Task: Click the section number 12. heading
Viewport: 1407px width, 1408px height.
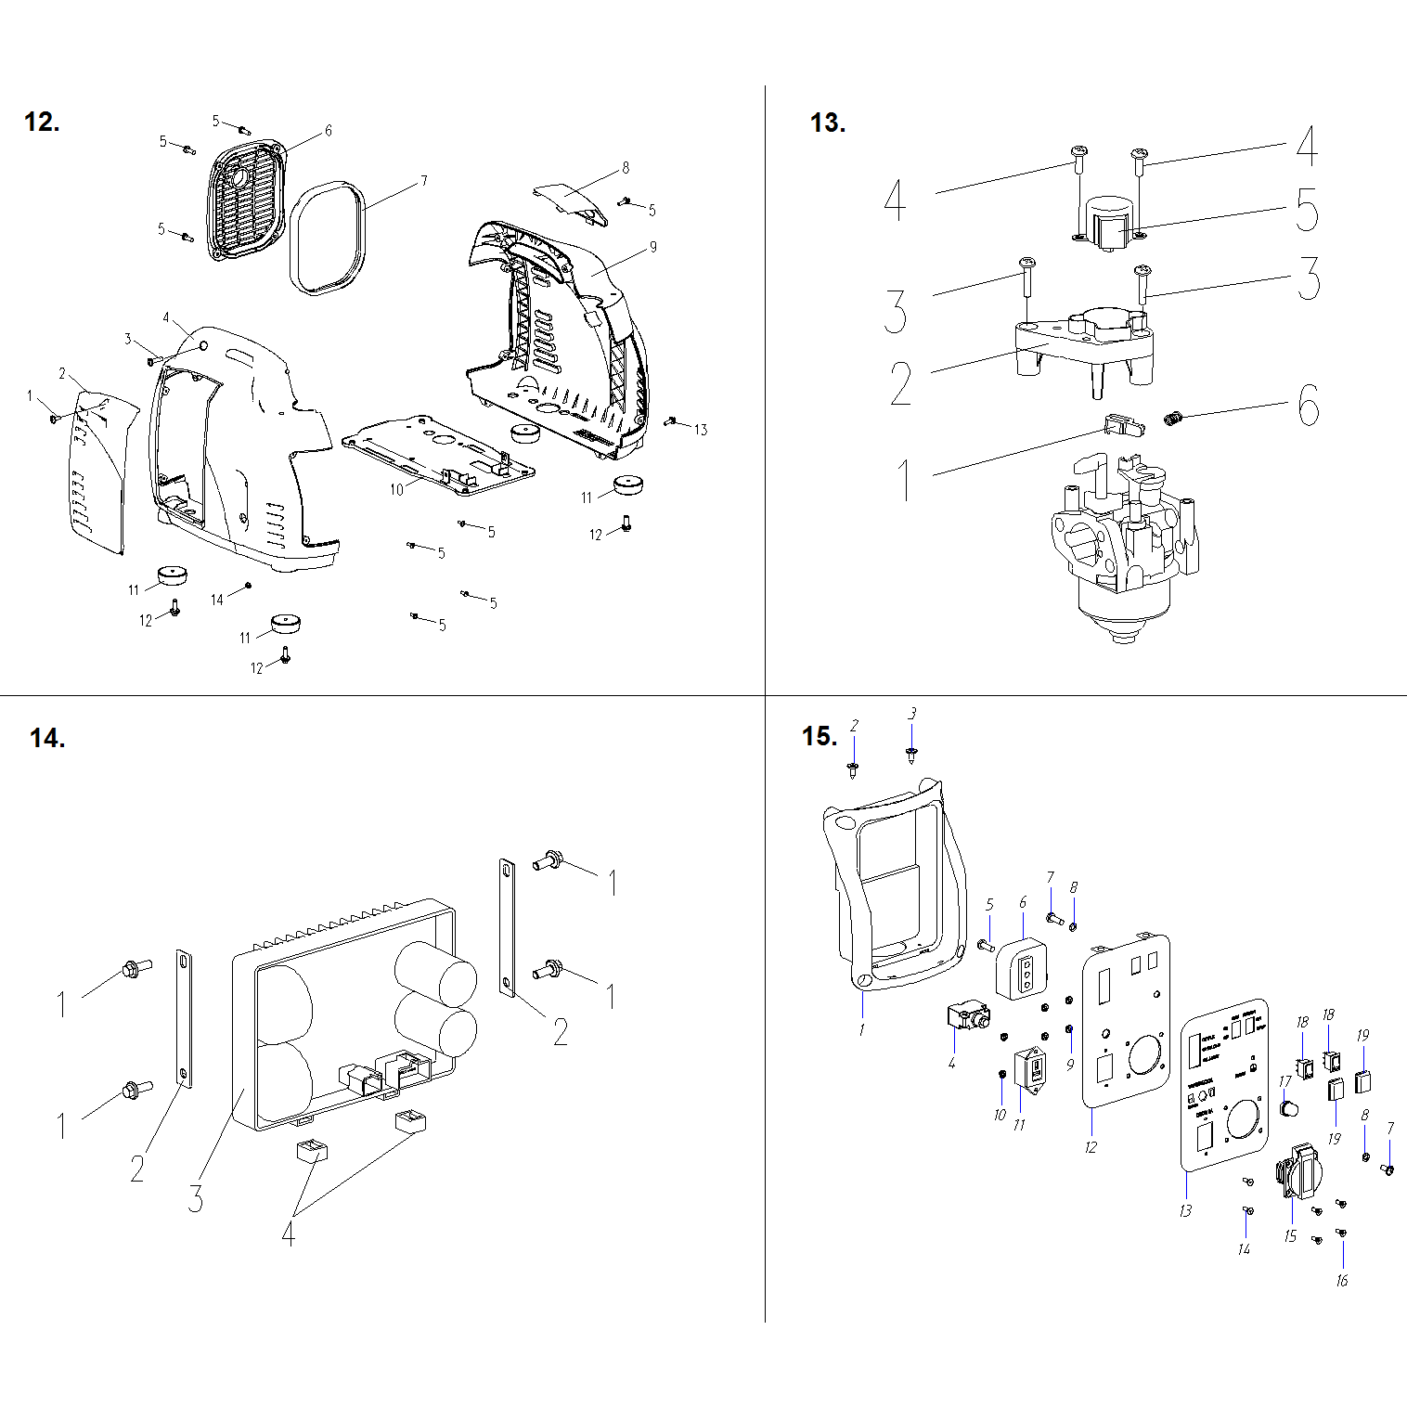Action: click(42, 122)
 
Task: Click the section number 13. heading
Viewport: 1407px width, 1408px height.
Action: click(827, 123)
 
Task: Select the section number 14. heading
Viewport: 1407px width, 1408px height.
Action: click(47, 738)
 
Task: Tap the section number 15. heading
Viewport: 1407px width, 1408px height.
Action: click(820, 736)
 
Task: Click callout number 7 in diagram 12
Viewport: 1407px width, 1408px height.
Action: click(424, 180)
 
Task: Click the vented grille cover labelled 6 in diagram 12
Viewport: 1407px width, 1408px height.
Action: click(245, 200)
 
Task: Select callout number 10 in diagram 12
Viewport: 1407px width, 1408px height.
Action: click(396, 489)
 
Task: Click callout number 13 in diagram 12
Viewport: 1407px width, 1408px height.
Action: click(701, 429)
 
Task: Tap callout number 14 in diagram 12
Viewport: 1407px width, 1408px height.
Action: click(216, 600)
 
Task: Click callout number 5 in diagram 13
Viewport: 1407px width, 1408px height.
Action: click(1306, 209)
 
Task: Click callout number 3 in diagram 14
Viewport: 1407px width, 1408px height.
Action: click(195, 1197)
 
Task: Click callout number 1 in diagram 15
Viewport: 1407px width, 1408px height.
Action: click(861, 1029)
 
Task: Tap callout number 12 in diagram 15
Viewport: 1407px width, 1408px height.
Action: click(1091, 1147)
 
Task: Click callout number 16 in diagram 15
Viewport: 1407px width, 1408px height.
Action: click(1341, 1281)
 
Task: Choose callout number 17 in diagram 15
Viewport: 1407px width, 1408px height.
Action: click(1284, 1081)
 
